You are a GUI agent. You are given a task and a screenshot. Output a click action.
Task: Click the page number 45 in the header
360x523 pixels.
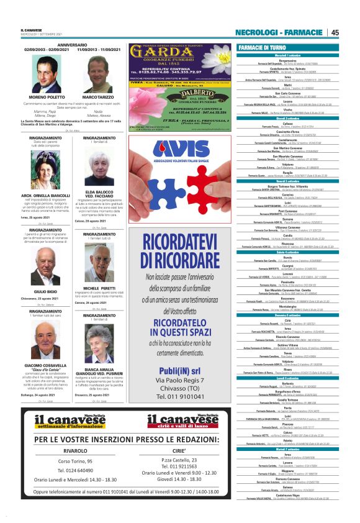tap(335, 32)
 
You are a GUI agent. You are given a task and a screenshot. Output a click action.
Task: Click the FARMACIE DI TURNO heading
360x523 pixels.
tap(262, 47)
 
